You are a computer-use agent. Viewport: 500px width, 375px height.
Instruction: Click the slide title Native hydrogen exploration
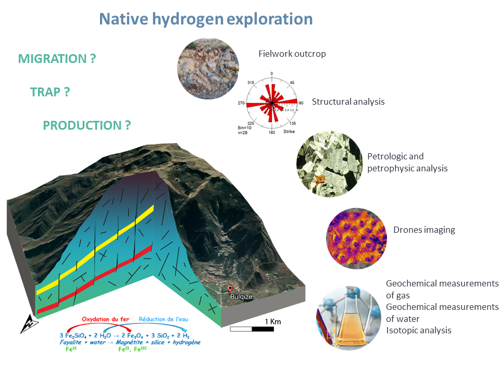tap(206, 19)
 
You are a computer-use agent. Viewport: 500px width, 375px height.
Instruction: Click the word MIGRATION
tap(57, 59)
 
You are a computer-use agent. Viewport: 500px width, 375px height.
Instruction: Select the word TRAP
tap(50, 92)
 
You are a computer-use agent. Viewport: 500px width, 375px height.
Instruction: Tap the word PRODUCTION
tap(86, 126)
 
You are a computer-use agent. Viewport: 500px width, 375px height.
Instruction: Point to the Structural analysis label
tap(348, 102)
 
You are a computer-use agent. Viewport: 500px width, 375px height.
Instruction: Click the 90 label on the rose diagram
tap(301, 103)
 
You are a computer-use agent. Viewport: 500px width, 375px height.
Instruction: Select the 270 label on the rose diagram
tap(241, 103)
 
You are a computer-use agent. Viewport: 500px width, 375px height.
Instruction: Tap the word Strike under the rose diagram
tap(289, 132)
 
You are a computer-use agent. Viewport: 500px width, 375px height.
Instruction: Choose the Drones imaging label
tap(424, 230)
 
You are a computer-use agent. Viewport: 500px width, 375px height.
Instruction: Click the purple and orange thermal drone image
tap(357, 238)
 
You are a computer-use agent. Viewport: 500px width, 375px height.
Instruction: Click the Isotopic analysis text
tap(418, 330)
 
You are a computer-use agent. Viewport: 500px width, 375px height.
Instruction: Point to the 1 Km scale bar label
tap(272, 321)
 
